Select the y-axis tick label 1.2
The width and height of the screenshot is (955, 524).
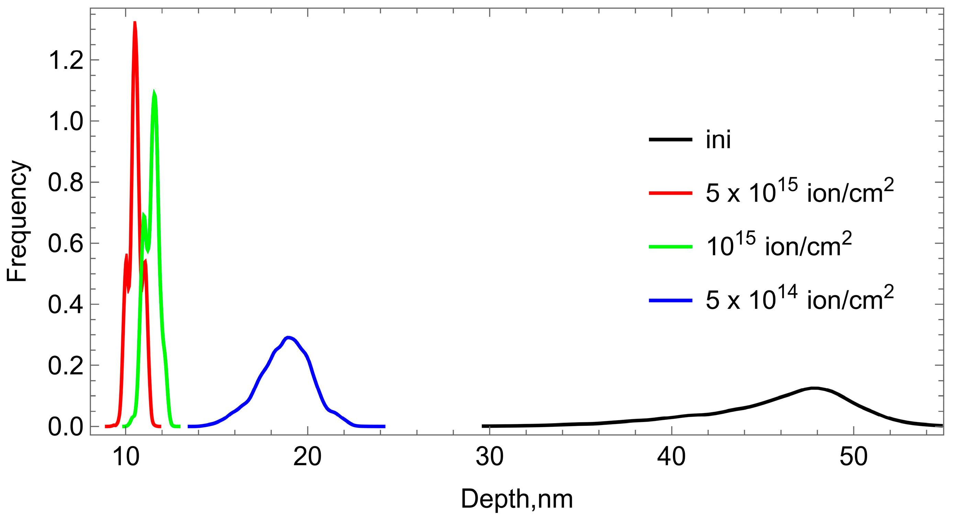coord(65,60)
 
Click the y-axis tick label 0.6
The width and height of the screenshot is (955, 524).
coord(65,244)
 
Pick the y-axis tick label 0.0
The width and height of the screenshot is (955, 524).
coord(65,426)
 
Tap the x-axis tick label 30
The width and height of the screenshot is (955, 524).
coord(489,457)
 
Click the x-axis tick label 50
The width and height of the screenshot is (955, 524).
coord(853,457)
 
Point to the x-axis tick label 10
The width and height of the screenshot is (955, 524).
coord(126,457)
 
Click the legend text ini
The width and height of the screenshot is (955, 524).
coord(718,140)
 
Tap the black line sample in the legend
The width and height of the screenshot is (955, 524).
coord(670,140)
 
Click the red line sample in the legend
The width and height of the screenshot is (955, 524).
coord(670,193)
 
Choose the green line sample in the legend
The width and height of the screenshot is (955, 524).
coord(670,246)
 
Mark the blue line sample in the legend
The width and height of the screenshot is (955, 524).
coord(670,300)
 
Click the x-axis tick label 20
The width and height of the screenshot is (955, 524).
coord(307,457)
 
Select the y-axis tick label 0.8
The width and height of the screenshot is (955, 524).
coord(65,182)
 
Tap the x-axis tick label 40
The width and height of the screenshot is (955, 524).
coord(671,457)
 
